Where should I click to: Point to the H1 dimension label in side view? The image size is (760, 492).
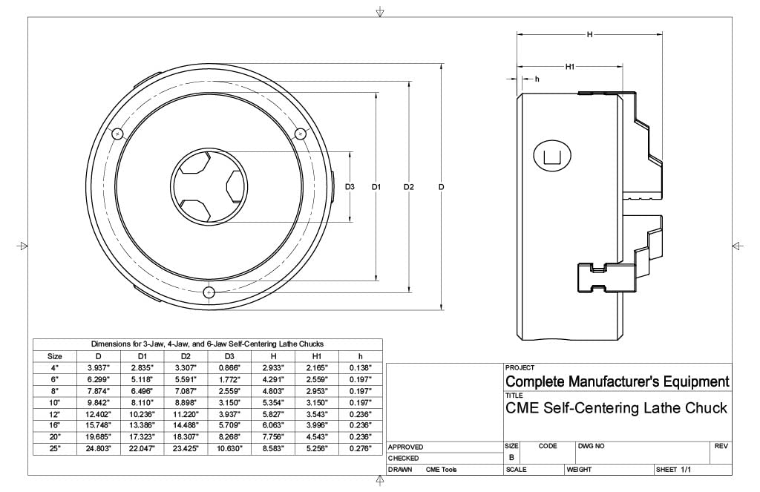tap(571, 67)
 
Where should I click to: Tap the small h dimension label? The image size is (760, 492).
tap(537, 79)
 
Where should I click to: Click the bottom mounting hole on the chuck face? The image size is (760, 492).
tap(209, 292)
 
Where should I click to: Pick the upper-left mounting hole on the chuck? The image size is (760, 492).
tap(117, 134)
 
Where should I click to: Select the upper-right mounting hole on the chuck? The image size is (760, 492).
tap(301, 134)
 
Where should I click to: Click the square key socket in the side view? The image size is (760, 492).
tap(552, 155)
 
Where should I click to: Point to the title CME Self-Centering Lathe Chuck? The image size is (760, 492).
tap(616, 408)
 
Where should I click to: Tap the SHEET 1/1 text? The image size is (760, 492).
tap(674, 470)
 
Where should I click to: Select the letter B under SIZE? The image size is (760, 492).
tap(511, 458)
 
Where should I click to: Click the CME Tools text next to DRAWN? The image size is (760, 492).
tap(442, 470)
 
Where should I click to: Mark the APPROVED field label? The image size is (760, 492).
tap(406, 447)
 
